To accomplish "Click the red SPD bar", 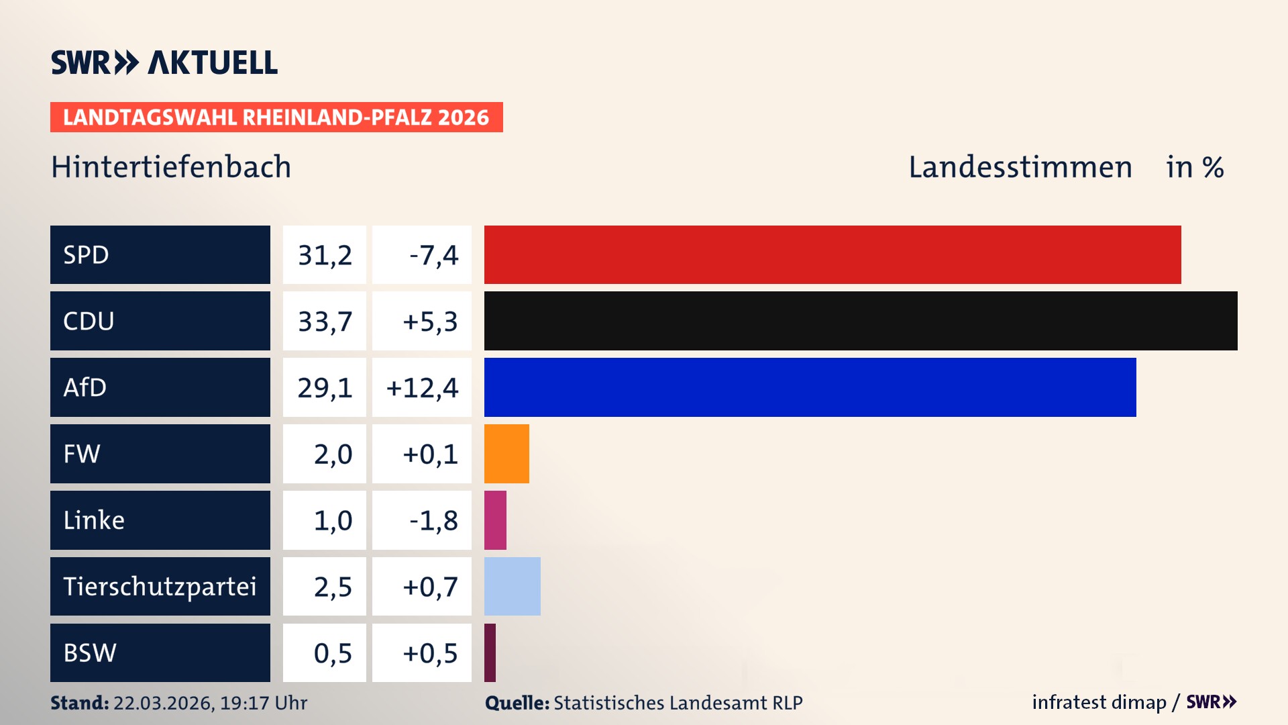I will (x=832, y=254).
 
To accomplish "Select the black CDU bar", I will (x=860, y=321).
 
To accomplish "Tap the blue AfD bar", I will (x=810, y=387).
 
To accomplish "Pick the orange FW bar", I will (x=506, y=454).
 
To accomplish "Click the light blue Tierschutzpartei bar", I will (x=512, y=586).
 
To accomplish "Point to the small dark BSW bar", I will (x=490, y=652).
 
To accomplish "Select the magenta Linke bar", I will (x=495, y=520).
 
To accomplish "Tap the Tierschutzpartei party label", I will (x=160, y=586).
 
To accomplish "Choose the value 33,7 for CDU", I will (x=325, y=321).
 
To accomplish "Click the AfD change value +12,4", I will (x=422, y=387).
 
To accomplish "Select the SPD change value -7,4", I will (x=433, y=254).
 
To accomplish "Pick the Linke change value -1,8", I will (x=433, y=520).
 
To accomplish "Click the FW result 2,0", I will (x=333, y=454).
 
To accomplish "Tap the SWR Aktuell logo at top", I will (x=164, y=62).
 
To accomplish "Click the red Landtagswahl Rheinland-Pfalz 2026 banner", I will (x=276, y=117).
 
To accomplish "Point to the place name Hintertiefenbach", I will (x=171, y=167).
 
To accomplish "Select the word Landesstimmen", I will (x=1020, y=167).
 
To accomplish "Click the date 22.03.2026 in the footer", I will (x=163, y=703).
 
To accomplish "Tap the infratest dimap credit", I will (x=1099, y=702).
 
